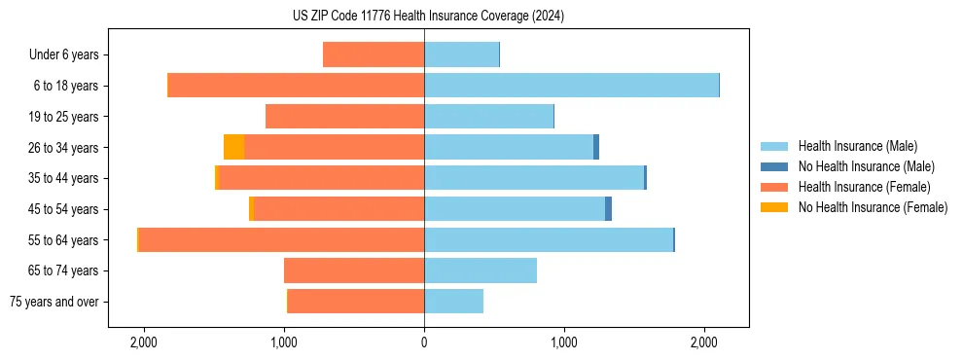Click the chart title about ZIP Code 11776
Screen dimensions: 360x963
tap(428, 17)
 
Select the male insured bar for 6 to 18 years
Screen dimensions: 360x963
tap(571, 86)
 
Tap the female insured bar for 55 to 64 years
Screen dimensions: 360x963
tap(281, 239)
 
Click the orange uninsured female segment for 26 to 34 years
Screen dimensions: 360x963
tap(233, 147)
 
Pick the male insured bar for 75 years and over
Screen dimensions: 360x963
tap(453, 302)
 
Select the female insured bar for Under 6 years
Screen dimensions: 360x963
tap(374, 54)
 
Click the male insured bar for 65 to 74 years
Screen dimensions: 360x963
tap(481, 270)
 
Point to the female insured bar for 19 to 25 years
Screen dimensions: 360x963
tap(344, 117)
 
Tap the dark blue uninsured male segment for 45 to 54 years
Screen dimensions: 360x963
tap(608, 209)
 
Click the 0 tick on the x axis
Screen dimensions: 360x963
tap(424, 343)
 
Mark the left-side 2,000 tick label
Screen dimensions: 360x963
tap(143, 343)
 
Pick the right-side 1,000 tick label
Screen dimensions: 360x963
tap(564, 343)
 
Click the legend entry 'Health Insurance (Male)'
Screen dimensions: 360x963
tap(857, 146)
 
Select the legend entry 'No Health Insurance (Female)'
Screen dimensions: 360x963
tap(873, 207)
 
